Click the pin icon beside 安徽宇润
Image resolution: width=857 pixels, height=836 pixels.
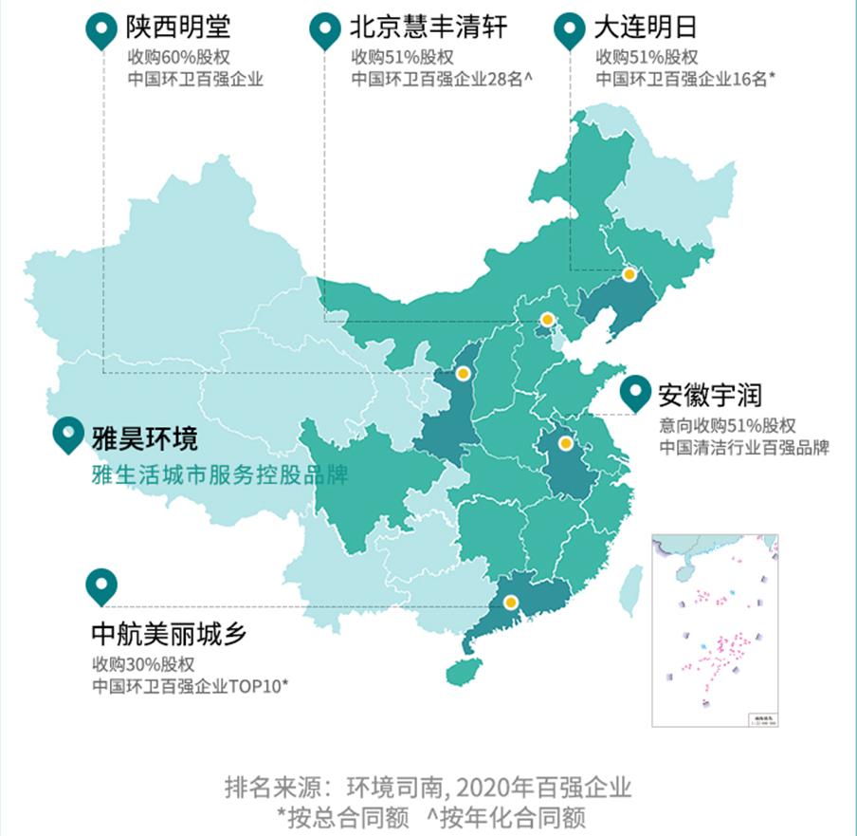634,394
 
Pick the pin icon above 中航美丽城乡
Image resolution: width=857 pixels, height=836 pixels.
100,586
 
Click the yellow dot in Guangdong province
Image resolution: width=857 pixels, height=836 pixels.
511,602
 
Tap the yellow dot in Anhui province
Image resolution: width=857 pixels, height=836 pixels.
566,443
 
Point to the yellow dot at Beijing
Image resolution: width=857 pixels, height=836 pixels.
547,320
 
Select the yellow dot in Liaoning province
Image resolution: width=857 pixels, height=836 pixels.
629,274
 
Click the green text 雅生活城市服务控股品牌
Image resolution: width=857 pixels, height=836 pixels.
219,474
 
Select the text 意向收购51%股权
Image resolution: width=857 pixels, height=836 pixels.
727,424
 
